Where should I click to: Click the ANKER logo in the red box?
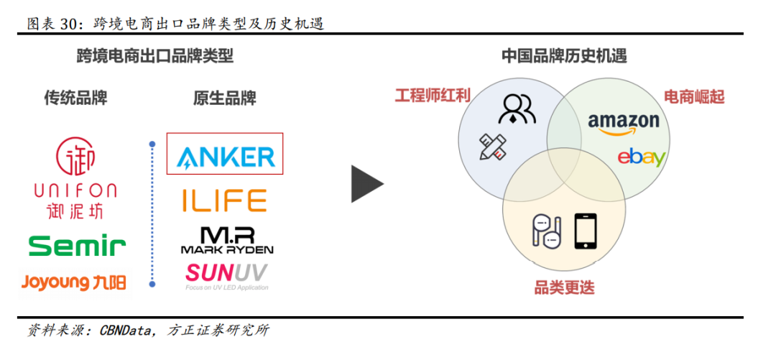click(x=225, y=154)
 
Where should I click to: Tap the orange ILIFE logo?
click(x=223, y=200)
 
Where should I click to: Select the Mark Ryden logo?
click(x=226, y=241)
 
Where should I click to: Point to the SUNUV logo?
click(x=226, y=273)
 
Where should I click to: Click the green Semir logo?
click(x=78, y=246)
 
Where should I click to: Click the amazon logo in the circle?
click(x=623, y=123)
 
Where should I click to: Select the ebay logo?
click(x=641, y=157)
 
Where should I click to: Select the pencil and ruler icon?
click(x=492, y=146)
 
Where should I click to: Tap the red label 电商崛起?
click(x=693, y=97)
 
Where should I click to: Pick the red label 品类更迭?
click(x=564, y=288)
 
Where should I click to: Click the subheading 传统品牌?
click(x=75, y=98)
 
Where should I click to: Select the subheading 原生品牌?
click(x=225, y=98)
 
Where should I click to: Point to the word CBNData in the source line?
click(x=126, y=331)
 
